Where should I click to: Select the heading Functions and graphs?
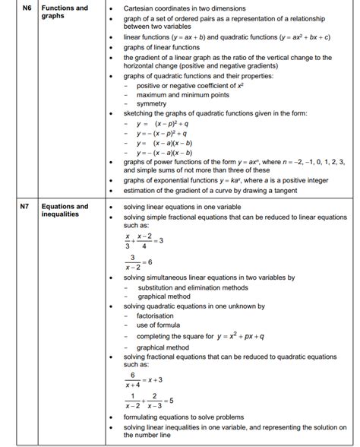tap(64, 12)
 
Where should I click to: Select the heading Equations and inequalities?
tap(65, 210)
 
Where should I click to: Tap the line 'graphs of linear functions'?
tap(162, 48)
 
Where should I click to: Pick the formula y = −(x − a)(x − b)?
tap(164, 152)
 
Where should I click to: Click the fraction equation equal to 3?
tap(143, 241)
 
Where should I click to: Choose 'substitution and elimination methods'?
tap(192, 288)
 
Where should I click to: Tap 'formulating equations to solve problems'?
tap(184, 417)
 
